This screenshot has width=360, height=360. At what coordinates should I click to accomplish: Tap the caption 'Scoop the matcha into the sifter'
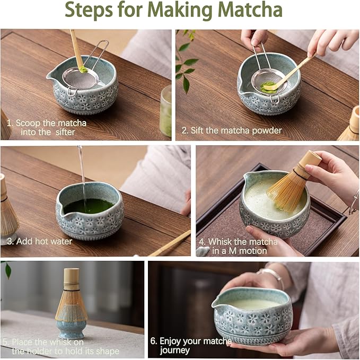51,128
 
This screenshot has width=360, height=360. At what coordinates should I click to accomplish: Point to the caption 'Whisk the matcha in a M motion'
238,246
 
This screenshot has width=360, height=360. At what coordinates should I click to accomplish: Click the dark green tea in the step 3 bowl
89,206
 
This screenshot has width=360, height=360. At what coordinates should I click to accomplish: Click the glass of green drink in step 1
165,111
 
